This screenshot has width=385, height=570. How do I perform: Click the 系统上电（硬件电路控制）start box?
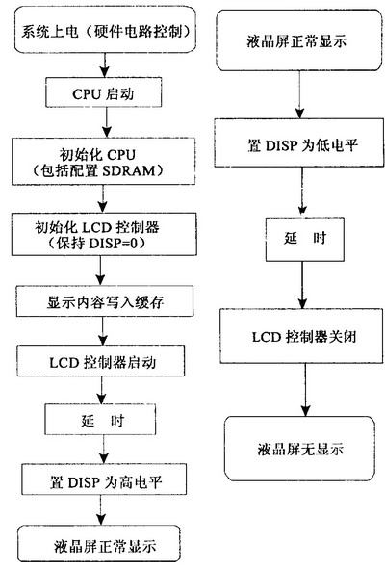106,30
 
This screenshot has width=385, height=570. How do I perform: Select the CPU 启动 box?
104,92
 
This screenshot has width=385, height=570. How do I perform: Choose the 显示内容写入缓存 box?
105,301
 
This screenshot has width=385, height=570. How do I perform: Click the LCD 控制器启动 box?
101,361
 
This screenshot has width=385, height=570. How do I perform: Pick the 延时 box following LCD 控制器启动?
100,419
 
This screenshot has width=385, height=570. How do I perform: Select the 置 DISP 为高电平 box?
104,479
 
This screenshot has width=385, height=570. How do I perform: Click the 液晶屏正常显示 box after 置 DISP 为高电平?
99,543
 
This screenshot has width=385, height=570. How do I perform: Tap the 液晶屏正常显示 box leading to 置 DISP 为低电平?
299,40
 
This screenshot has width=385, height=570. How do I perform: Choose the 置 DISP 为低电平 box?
298,143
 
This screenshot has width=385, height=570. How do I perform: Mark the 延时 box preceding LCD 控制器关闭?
305,239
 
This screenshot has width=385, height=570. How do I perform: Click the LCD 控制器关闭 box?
301,336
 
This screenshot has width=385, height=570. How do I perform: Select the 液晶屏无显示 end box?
299,449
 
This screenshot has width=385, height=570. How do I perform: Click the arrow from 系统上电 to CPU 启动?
105,65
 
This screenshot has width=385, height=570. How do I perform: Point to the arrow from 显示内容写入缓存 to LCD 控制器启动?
103,331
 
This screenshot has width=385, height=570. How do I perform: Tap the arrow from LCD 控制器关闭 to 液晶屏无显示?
305,389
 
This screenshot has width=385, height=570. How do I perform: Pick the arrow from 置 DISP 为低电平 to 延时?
302,192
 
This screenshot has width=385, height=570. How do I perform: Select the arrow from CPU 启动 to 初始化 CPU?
107,122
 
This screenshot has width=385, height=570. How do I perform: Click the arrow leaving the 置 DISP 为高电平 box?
101,509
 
